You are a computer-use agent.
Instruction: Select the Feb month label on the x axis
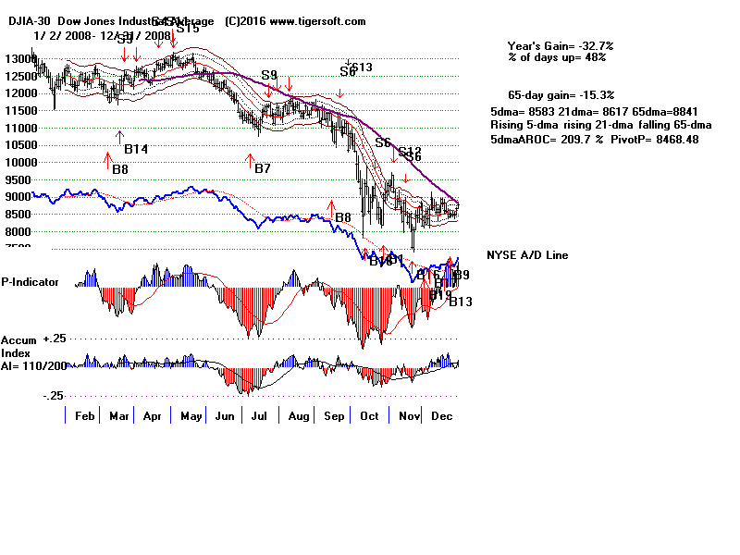pyautogui.click(x=84, y=416)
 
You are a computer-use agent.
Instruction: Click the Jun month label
pyautogui.click(x=225, y=416)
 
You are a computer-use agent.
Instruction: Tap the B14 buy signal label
pyautogui.click(x=136, y=149)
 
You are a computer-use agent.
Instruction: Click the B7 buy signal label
pyautogui.click(x=263, y=168)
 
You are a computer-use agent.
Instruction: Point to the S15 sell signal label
pyautogui.click(x=188, y=28)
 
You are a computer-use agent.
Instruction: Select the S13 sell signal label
pyautogui.click(x=362, y=67)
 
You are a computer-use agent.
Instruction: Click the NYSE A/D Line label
pyautogui.click(x=527, y=255)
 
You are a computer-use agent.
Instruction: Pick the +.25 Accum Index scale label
pyautogui.click(x=54, y=339)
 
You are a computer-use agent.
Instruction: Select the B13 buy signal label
pyautogui.click(x=461, y=302)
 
